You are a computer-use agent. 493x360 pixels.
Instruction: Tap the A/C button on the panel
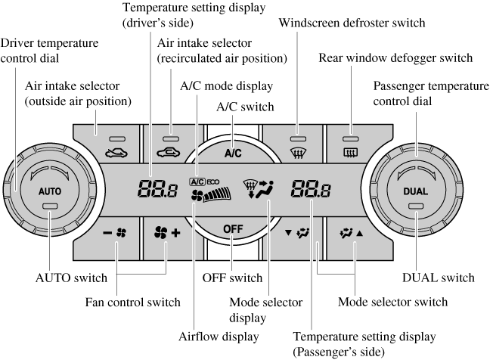coord(233,152)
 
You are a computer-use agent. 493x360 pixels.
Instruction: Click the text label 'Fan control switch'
coord(132,302)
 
